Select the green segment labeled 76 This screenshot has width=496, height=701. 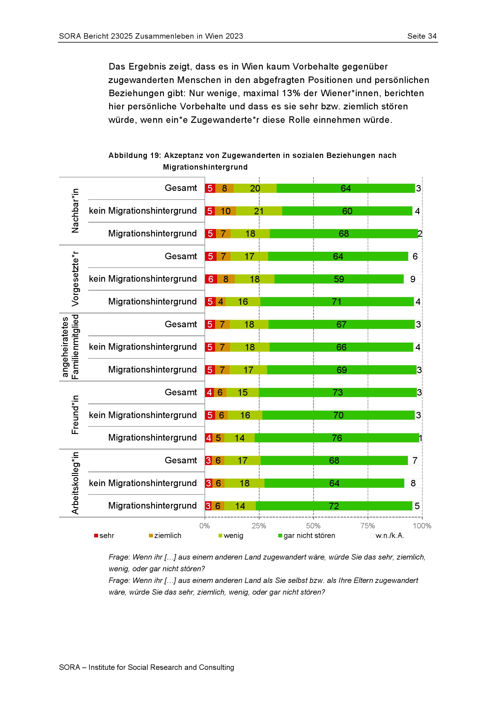pyautogui.click(x=336, y=438)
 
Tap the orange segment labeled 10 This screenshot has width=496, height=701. pyautogui.click(x=226, y=211)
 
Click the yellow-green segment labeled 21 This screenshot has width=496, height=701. pyautogui.click(x=259, y=211)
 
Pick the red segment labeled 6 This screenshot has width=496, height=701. pyautogui.click(x=211, y=279)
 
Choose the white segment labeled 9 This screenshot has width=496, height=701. pyautogui.click(x=413, y=279)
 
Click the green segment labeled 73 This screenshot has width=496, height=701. pyautogui.click(x=337, y=392)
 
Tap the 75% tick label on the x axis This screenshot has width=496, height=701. pyautogui.click(x=367, y=526)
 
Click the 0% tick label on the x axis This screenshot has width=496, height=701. pyautogui.click(x=204, y=526)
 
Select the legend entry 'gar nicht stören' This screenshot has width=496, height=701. pyautogui.click(x=307, y=536)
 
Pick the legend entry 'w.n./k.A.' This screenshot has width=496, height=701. pyautogui.click(x=387, y=536)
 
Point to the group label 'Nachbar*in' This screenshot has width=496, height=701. pyautogui.click(x=75, y=211)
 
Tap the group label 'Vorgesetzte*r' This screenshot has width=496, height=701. pyautogui.click(x=75, y=279)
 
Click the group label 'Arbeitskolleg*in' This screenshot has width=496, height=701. pyautogui.click(x=75, y=483)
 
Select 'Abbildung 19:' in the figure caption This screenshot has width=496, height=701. pyautogui.click(x=135, y=156)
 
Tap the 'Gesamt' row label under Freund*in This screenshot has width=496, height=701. pyautogui.click(x=181, y=392)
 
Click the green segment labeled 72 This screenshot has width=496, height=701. pyautogui.click(x=334, y=506)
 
